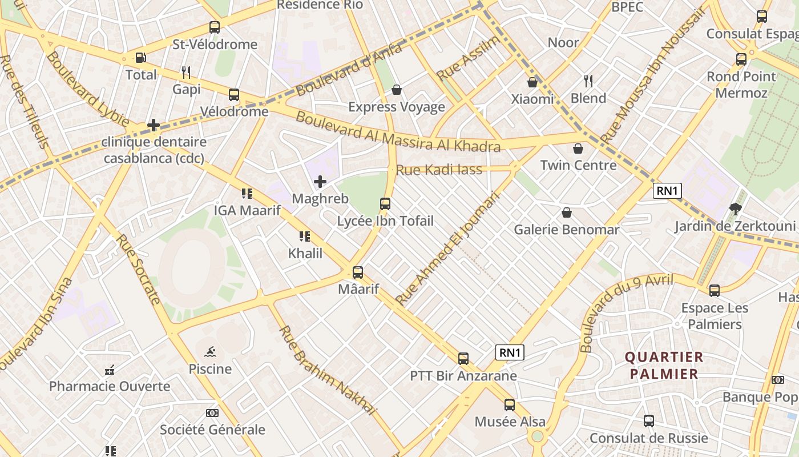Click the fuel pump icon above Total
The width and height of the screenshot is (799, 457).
140,58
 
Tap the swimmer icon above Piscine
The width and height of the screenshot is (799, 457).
210,352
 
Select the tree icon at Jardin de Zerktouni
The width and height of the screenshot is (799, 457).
735,209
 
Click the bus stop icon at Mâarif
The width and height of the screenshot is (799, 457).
358,272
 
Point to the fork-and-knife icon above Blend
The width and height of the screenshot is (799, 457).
588,81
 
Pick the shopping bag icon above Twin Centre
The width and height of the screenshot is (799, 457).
578,149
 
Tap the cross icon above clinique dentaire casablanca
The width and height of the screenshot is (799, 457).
154,125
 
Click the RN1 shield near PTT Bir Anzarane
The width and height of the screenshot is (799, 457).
510,352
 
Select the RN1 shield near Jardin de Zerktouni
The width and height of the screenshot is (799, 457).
667,190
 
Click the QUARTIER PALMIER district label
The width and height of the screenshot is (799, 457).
664,366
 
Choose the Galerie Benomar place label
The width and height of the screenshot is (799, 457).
566,230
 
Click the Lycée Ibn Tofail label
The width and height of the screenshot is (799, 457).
385,221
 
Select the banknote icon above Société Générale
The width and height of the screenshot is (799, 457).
212,412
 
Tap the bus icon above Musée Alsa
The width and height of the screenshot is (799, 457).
510,405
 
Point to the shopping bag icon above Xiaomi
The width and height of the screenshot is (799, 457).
532,82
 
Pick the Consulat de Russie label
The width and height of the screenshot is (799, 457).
648,438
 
